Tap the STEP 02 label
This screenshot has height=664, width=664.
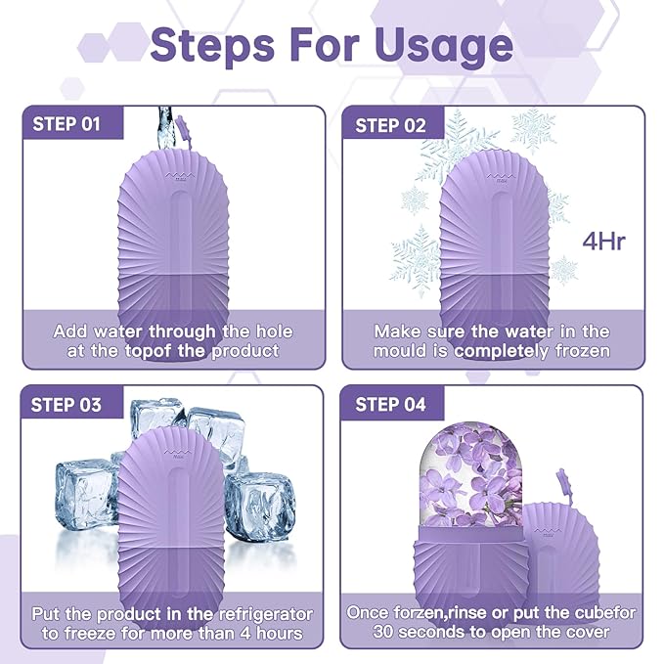click(391, 125)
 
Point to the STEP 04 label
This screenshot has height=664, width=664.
click(391, 404)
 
